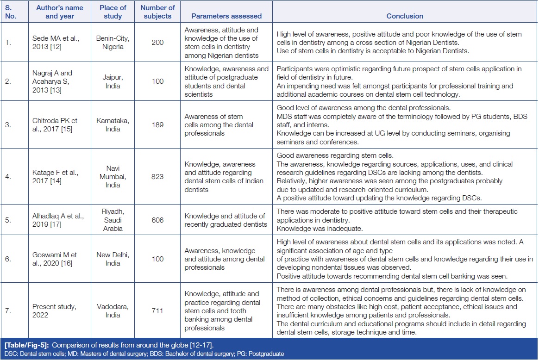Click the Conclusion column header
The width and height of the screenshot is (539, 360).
(x=405, y=16)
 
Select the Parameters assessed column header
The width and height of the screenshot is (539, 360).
(x=226, y=16)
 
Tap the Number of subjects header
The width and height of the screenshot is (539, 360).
(x=157, y=12)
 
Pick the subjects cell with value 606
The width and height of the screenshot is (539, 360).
(x=157, y=220)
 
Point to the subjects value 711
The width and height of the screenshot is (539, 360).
(x=157, y=310)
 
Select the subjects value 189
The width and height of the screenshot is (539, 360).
(x=157, y=125)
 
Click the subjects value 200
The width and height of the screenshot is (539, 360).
(x=157, y=42)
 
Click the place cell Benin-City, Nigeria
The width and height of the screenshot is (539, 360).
(x=113, y=42)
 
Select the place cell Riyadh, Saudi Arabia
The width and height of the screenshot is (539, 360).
(x=113, y=220)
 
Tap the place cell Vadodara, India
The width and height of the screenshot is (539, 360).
(x=113, y=310)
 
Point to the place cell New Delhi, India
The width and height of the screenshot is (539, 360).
(x=113, y=259)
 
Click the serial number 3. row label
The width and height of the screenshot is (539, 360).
(x=8, y=125)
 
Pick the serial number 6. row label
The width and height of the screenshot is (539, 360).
(x=8, y=259)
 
